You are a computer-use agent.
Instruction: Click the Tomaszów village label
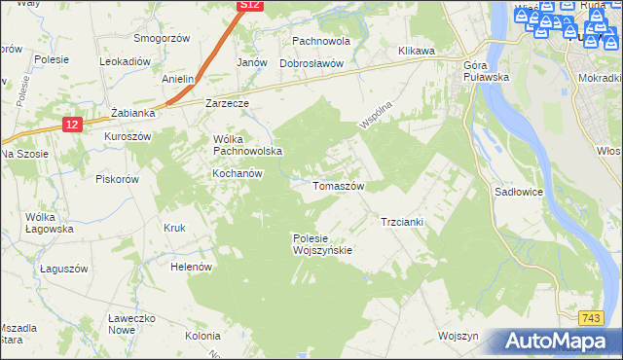[338, 186]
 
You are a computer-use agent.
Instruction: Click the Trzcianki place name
[401, 222]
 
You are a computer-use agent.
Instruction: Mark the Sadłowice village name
[518, 193]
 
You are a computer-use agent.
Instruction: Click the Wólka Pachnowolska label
[247, 145]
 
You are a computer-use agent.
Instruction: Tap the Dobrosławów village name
[312, 63]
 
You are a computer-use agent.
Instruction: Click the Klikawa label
[416, 51]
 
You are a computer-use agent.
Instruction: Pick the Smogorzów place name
[162, 40]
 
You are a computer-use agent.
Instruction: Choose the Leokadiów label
[125, 60]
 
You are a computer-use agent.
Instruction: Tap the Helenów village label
[191, 267]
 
